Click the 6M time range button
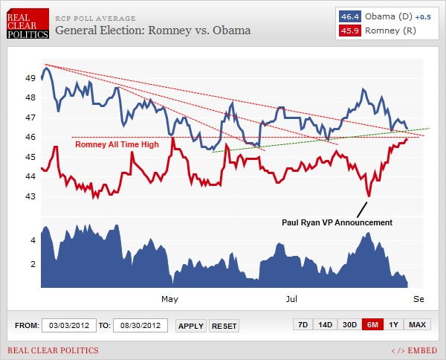(x=372, y=325)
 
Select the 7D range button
(x=303, y=325)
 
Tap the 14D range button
(x=325, y=325)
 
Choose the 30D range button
(x=349, y=325)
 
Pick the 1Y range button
(x=394, y=325)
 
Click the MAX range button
(x=417, y=325)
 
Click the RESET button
(x=224, y=326)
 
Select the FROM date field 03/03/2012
(x=68, y=325)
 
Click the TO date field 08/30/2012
(x=140, y=325)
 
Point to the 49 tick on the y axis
(x=30, y=77)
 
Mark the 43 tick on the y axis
(x=30, y=196)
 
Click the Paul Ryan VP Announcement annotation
(x=336, y=222)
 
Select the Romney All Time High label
(x=117, y=145)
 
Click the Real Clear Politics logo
(x=28, y=24)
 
